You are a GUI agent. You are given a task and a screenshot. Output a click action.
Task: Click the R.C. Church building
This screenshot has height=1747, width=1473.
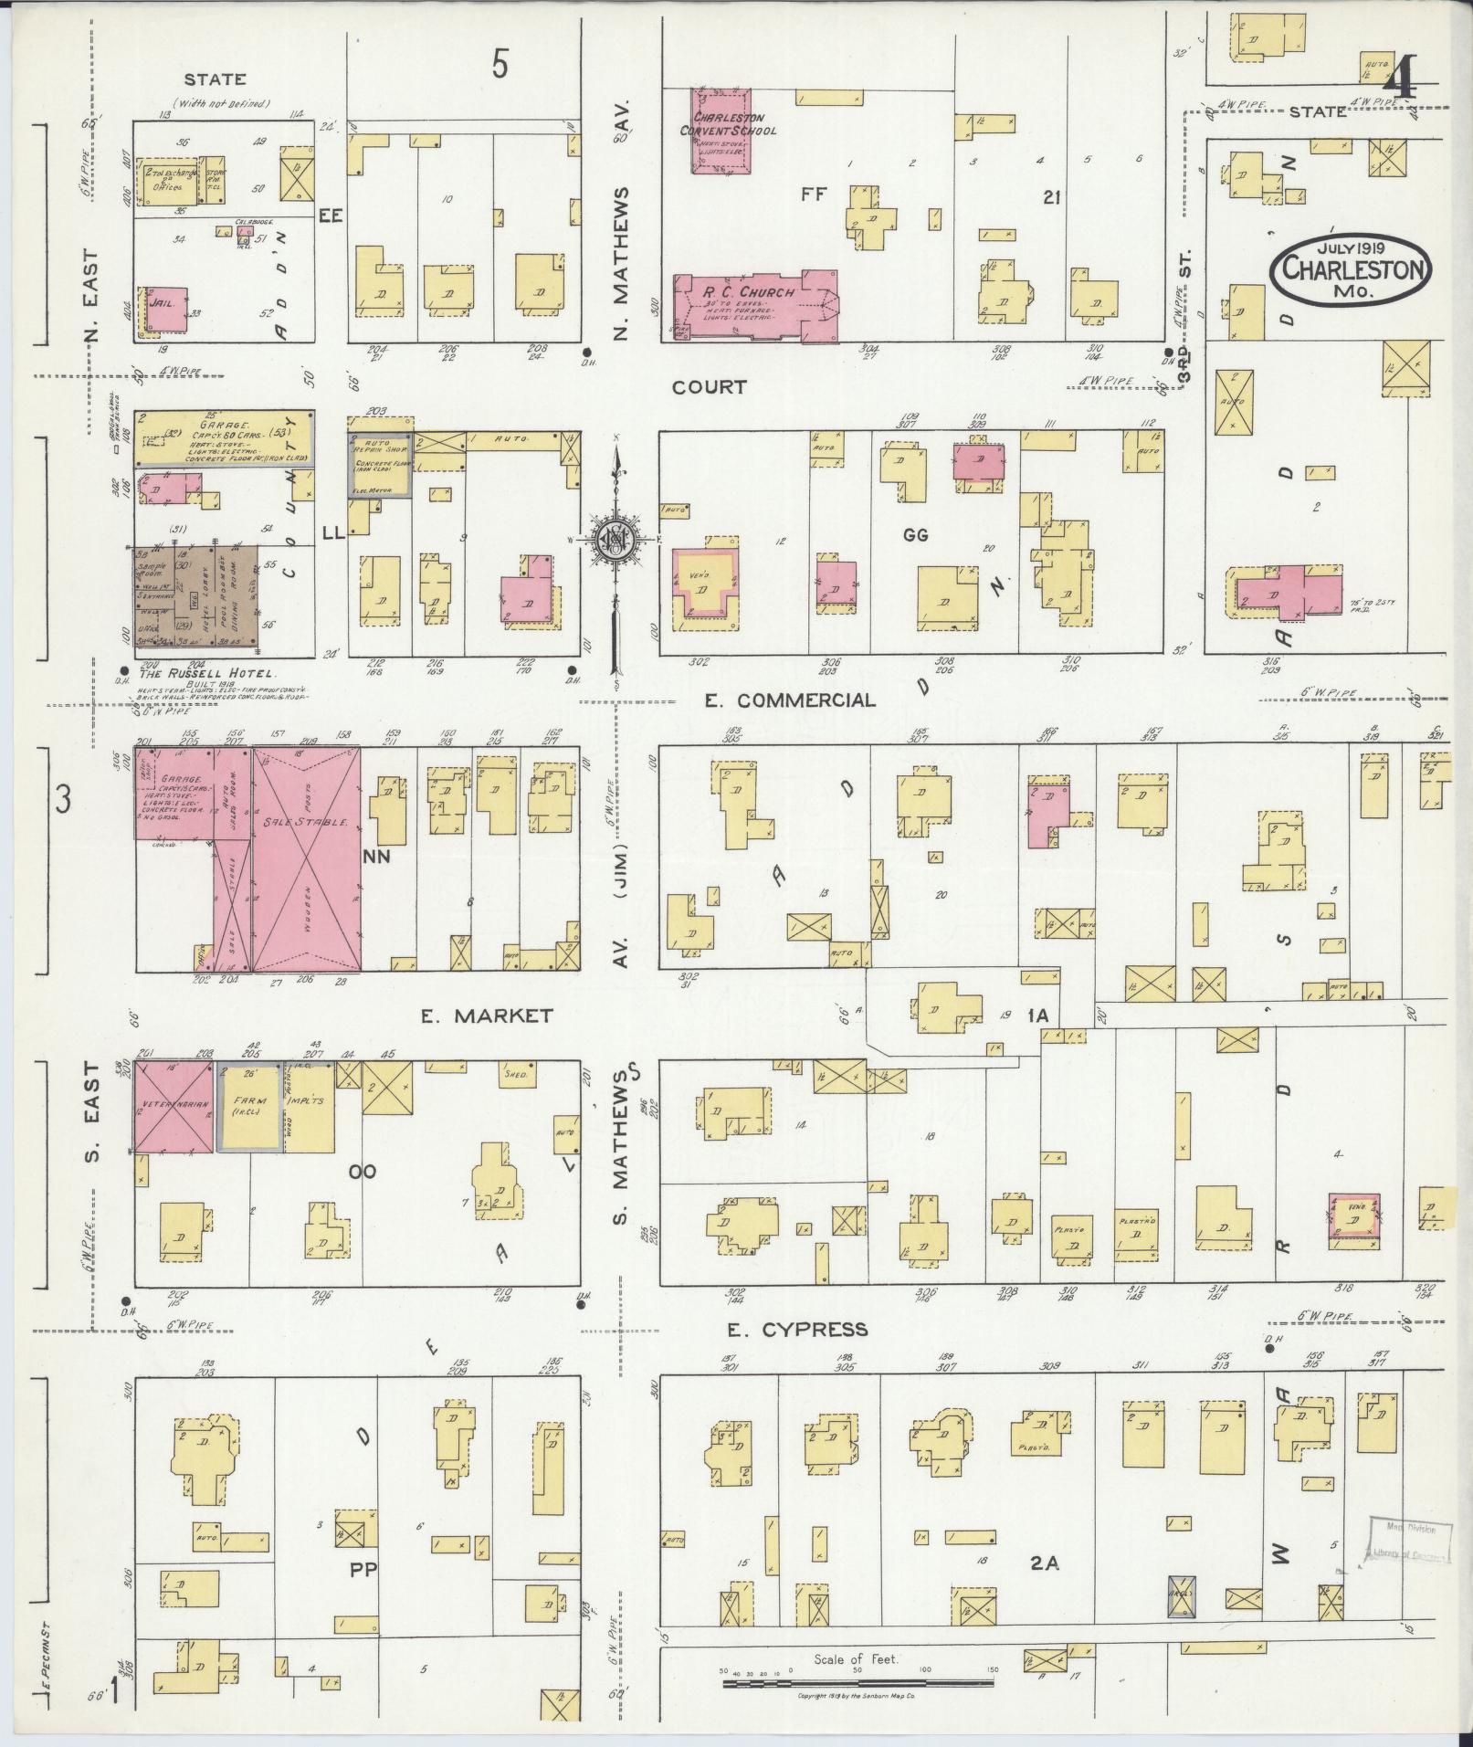tap(754, 305)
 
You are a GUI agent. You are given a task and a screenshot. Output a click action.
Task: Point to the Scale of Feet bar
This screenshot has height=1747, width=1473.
tap(858, 1681)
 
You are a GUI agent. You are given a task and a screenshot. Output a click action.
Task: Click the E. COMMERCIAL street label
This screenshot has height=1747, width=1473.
tap(790, 700)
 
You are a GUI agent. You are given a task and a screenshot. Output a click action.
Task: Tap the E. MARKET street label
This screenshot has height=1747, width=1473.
tap(487, 1016)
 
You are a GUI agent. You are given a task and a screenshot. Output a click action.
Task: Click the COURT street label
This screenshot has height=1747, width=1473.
tap(709, 387)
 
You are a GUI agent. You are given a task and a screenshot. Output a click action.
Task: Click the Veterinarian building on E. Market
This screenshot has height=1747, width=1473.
tap(174, 1106)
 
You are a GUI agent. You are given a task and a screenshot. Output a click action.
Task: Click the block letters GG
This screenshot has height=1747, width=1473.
tap(915, 535)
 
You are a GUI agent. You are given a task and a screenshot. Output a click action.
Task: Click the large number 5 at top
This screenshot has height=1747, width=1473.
tap(499, 65)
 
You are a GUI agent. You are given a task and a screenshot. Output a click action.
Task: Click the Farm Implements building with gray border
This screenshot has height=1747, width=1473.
tap(249, 1107)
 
